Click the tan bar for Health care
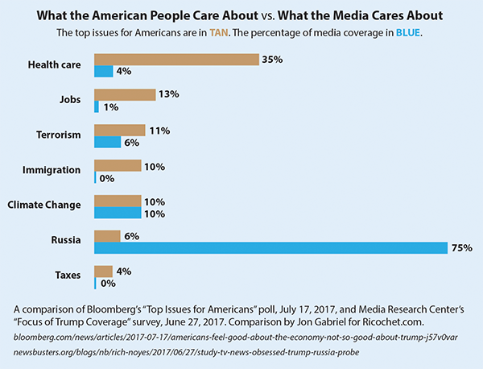[x=176, y=60]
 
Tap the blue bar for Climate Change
[x=118, y=213]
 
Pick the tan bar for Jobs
[x=125, y=95]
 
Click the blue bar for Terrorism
[x=107, y=142]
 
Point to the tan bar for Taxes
[x=104, y=272]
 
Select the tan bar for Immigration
[x=118, y=165]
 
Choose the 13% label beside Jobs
[x=169, y=95]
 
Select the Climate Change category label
[x=45, y=205]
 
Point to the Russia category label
[x=67, y=241]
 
